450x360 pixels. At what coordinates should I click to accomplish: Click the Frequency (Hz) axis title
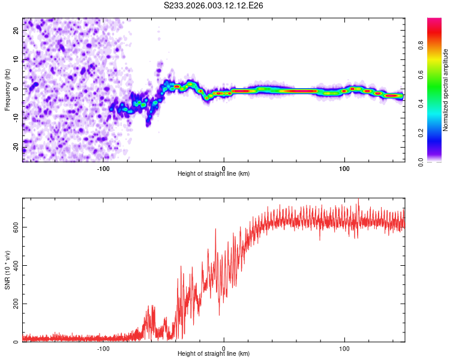point(7,90)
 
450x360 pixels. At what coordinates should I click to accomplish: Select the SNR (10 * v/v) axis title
point(7,270)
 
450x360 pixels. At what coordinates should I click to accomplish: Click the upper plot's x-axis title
point(214,173)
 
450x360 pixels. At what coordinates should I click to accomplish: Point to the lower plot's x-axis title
point(214,353)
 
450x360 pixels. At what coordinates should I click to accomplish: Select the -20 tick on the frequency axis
point(16,148)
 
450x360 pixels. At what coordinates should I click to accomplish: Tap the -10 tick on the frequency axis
point(16,119)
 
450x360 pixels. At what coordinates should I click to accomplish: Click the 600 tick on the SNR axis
point(13,227)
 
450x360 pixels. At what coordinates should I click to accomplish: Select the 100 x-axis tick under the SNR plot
point(344,347)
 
